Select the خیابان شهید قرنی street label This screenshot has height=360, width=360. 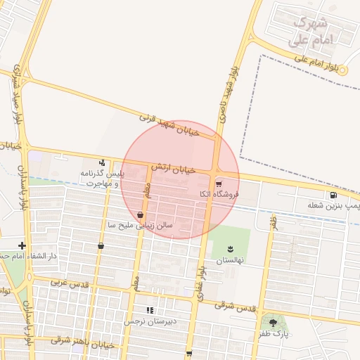tap(171, 124)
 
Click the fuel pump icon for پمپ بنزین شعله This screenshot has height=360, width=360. tap(332, 195)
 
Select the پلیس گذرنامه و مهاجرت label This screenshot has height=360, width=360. tap(103, 178)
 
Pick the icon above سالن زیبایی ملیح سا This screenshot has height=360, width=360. tap(141, 214)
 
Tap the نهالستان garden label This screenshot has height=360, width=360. tap(230, 259)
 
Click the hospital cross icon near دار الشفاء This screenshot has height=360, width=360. tap(22, 245)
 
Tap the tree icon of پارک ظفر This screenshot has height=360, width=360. tap(273, 323)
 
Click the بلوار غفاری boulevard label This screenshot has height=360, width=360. tap(202, 282)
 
